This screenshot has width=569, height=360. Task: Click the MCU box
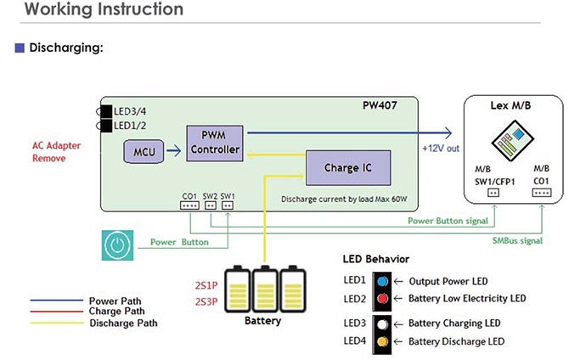tap(144, 153)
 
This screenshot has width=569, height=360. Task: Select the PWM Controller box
tap(215, 142)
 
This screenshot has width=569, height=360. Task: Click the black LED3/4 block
tap(106, 110)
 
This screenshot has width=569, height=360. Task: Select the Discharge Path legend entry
tap(123, 323)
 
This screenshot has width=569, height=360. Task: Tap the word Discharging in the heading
tap(65, 48)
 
